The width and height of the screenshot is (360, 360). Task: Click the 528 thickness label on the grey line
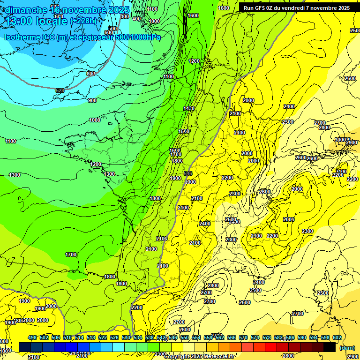click(x=60, y=90)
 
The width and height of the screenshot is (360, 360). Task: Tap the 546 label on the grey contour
click(x=188, y=173)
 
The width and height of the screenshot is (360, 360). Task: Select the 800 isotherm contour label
click(x=90, y=74)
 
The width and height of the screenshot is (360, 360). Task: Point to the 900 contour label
click(x=92, y=100)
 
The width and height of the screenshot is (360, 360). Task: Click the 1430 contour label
click(x=189, y=108)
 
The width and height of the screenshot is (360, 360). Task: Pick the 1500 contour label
click(x=184, y=131)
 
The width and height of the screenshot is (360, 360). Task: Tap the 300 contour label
click(x=124, y=16)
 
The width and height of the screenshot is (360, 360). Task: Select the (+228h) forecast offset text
click(x=85, y=21)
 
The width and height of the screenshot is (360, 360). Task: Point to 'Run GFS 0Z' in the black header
click(x=260, y=8)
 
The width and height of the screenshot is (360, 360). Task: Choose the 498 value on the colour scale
click(x=32, y=337)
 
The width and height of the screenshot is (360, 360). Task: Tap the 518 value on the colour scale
click(x=91, y=337)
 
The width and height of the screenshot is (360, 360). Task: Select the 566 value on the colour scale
click(x=232, y=337)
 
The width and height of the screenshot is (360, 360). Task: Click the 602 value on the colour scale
click(x=337, y=337)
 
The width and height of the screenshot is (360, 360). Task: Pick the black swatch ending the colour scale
click(x=330, y=347)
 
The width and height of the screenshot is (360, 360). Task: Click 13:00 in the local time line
click(x=21, y=21)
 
